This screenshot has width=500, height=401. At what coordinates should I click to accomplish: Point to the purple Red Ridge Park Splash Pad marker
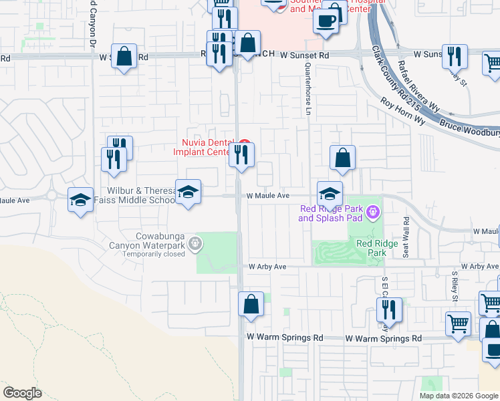click(373, 213)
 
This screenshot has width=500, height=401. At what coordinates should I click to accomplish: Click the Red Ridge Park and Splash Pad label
click(330, 213)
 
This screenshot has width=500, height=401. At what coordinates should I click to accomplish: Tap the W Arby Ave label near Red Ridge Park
click(267, 267)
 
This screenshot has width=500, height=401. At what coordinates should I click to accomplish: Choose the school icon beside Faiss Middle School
click(189, 192)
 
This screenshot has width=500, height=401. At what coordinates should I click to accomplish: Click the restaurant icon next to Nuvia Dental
click(241, 154)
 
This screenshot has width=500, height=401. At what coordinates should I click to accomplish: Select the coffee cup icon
click(326, 21)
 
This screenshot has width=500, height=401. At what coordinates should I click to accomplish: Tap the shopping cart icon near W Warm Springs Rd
click(459, 323)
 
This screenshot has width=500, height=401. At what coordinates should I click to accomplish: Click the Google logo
click(22, 393)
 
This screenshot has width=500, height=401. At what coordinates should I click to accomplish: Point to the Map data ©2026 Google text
click(459, 396)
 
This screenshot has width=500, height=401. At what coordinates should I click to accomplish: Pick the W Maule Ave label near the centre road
click(267, 196)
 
